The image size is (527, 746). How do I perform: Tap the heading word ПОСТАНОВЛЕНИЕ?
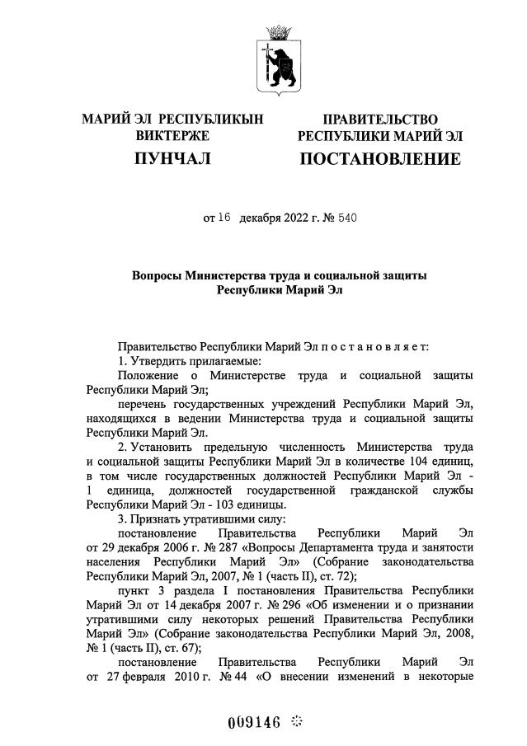point(379,158)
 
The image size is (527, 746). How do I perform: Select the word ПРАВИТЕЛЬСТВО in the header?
point(379,120)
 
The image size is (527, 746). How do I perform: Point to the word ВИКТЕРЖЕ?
point(172,135)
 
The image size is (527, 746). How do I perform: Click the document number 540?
point(346,218)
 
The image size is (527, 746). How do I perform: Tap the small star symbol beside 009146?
point(298,721)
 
